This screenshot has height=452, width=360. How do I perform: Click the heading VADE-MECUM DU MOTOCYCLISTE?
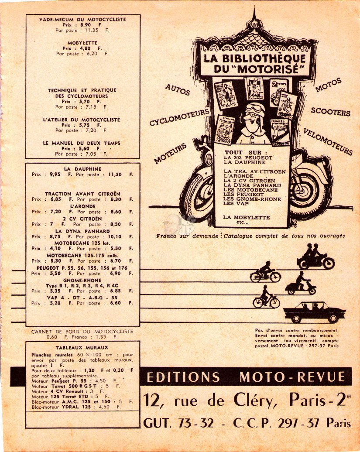(82, 20)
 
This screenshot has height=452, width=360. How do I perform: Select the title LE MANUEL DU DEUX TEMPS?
(82, 143)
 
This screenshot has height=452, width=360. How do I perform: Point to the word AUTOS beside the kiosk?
(178, 89)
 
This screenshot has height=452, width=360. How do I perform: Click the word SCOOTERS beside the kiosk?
(331, 112)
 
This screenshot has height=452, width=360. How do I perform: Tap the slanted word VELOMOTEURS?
(328, 141)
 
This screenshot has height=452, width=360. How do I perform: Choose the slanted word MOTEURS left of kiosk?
(170, 154)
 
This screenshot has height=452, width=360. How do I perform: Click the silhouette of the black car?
(315, 312)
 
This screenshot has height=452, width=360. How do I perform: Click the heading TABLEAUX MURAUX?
(82, 348)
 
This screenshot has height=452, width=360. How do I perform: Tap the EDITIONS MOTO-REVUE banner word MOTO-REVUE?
(292, 377)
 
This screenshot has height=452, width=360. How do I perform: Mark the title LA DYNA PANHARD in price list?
(82, 231)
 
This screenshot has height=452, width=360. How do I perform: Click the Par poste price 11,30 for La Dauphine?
(115, 175)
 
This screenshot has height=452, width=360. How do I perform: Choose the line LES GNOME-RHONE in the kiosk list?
(252, 199)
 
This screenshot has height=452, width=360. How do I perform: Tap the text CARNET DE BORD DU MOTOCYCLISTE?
(82, 332)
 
